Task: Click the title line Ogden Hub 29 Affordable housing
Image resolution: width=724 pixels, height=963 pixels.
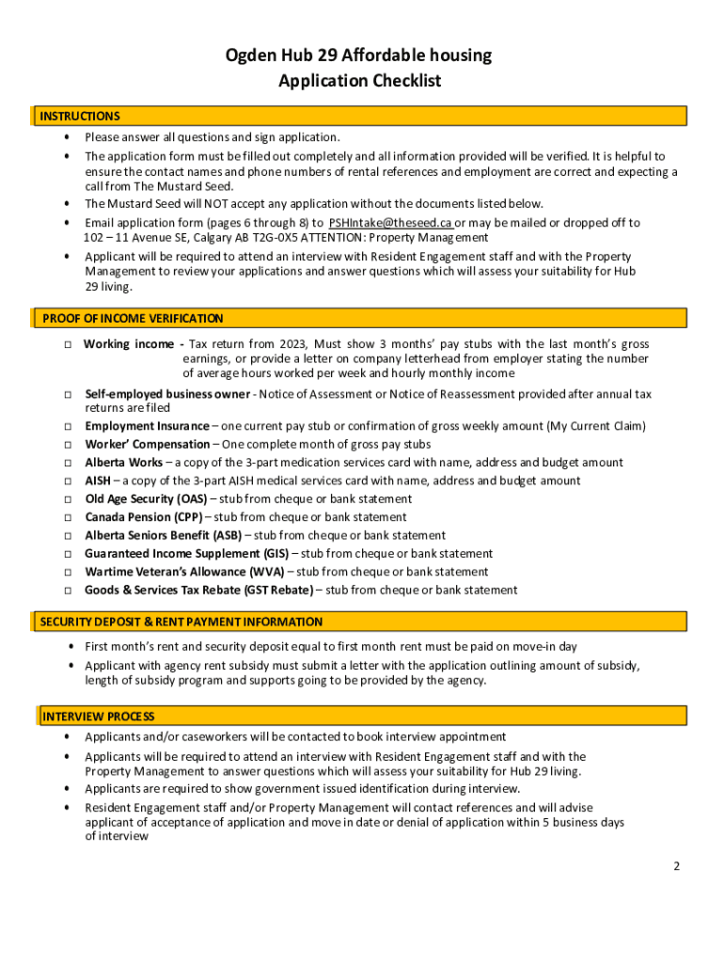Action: pyautogui.click(x=359, y=55)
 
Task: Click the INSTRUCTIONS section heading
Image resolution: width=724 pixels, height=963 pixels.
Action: pyautogui.click(x=80, y=117)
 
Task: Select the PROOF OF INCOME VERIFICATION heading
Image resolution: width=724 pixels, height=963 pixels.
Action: pyautogui.click(x=133, y=319)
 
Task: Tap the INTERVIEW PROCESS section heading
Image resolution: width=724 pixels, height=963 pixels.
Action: pyautogui.click(x=98, y=717)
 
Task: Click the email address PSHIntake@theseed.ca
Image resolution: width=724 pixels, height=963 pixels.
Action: pyautogui.click(x=390, y=223)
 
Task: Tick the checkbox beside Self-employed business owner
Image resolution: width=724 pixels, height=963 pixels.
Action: pyautogui.click(x=69, y=395)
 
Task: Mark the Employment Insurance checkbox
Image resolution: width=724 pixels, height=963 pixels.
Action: pyautogui.click(x=69, y=427)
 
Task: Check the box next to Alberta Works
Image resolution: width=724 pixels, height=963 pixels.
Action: pyautogui.click(x=69, y=463)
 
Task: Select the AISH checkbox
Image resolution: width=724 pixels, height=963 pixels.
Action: pyautogui.click(x=69, y=481)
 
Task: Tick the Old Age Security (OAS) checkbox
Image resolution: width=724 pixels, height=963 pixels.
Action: pyautogui.click(x=69, y=499)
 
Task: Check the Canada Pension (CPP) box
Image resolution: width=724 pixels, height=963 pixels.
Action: pyautogui.click(x=69, y=517)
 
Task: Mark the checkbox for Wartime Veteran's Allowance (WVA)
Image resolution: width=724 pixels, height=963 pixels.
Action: pyautogui.click(x=69, y=572)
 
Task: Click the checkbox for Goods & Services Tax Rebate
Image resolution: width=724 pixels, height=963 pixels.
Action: pyautogui.click(x=69, y=591)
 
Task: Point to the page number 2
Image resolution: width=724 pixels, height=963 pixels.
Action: pyautogui.click(x=676, y=867)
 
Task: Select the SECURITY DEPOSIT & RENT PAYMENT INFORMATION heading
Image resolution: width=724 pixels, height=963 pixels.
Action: pyautogui.click(x=181, y=623)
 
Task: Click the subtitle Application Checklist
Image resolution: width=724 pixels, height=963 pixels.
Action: pyautogui.click(x=359, y=82)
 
